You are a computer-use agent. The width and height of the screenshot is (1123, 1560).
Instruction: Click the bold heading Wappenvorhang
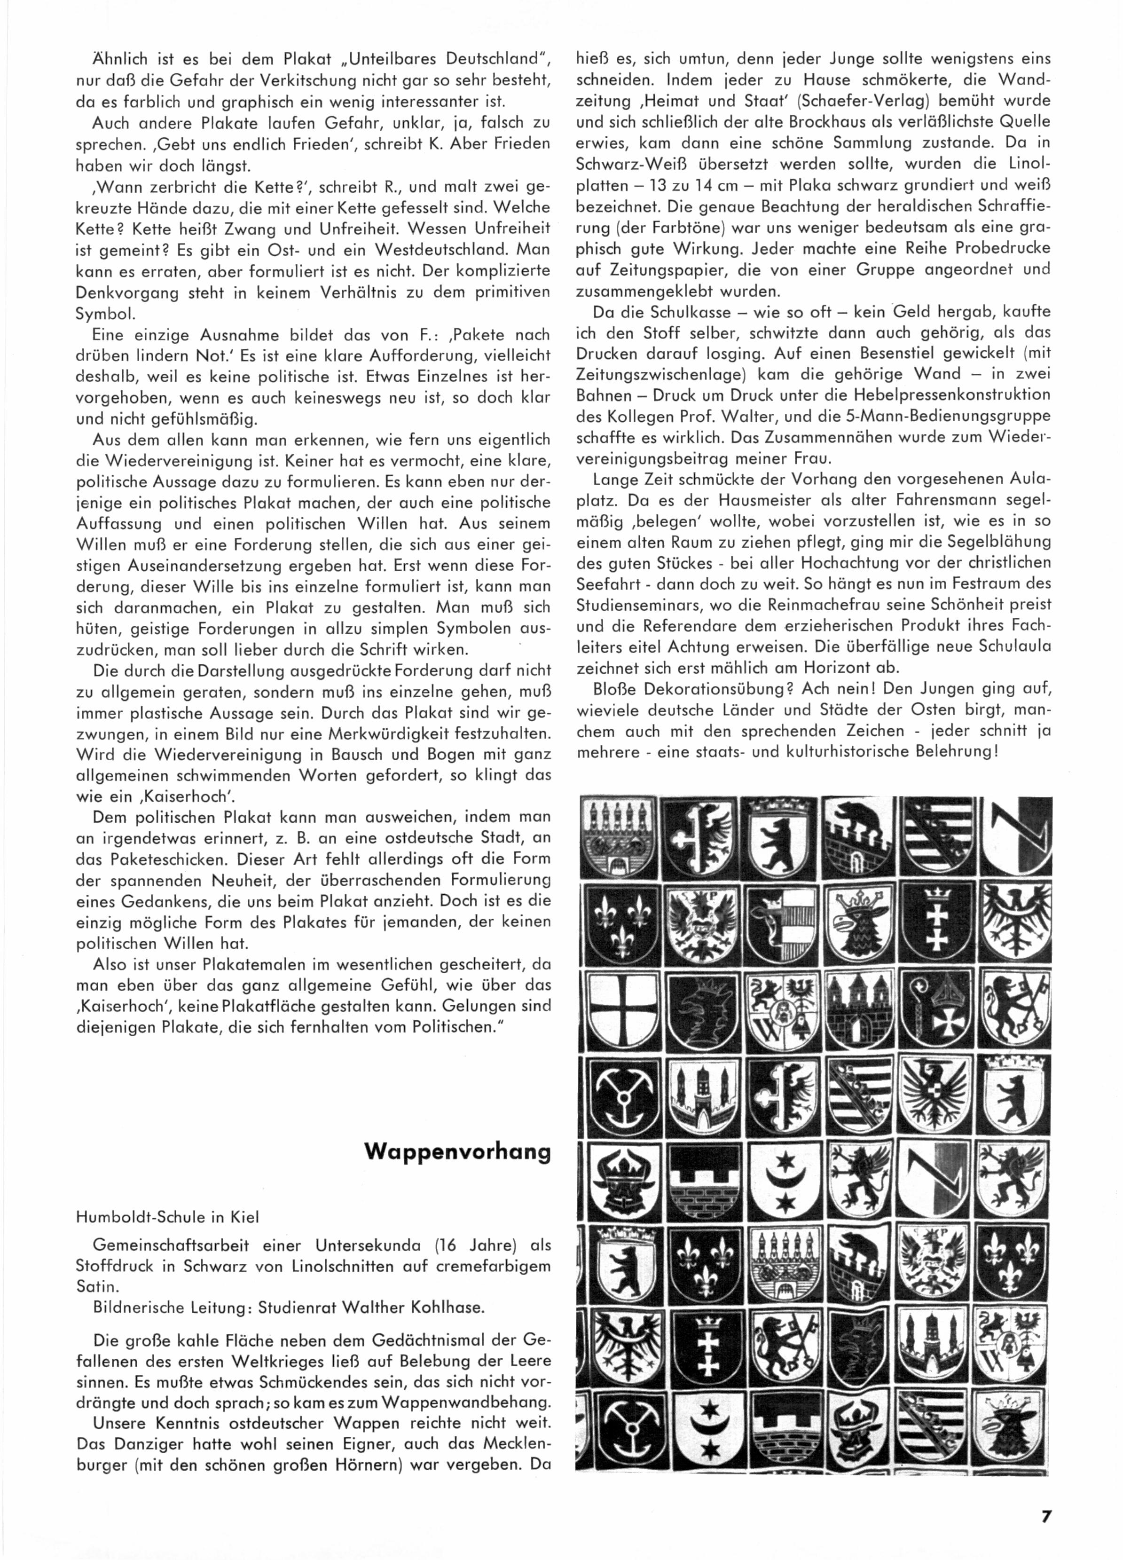click(x=457, y=1152)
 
